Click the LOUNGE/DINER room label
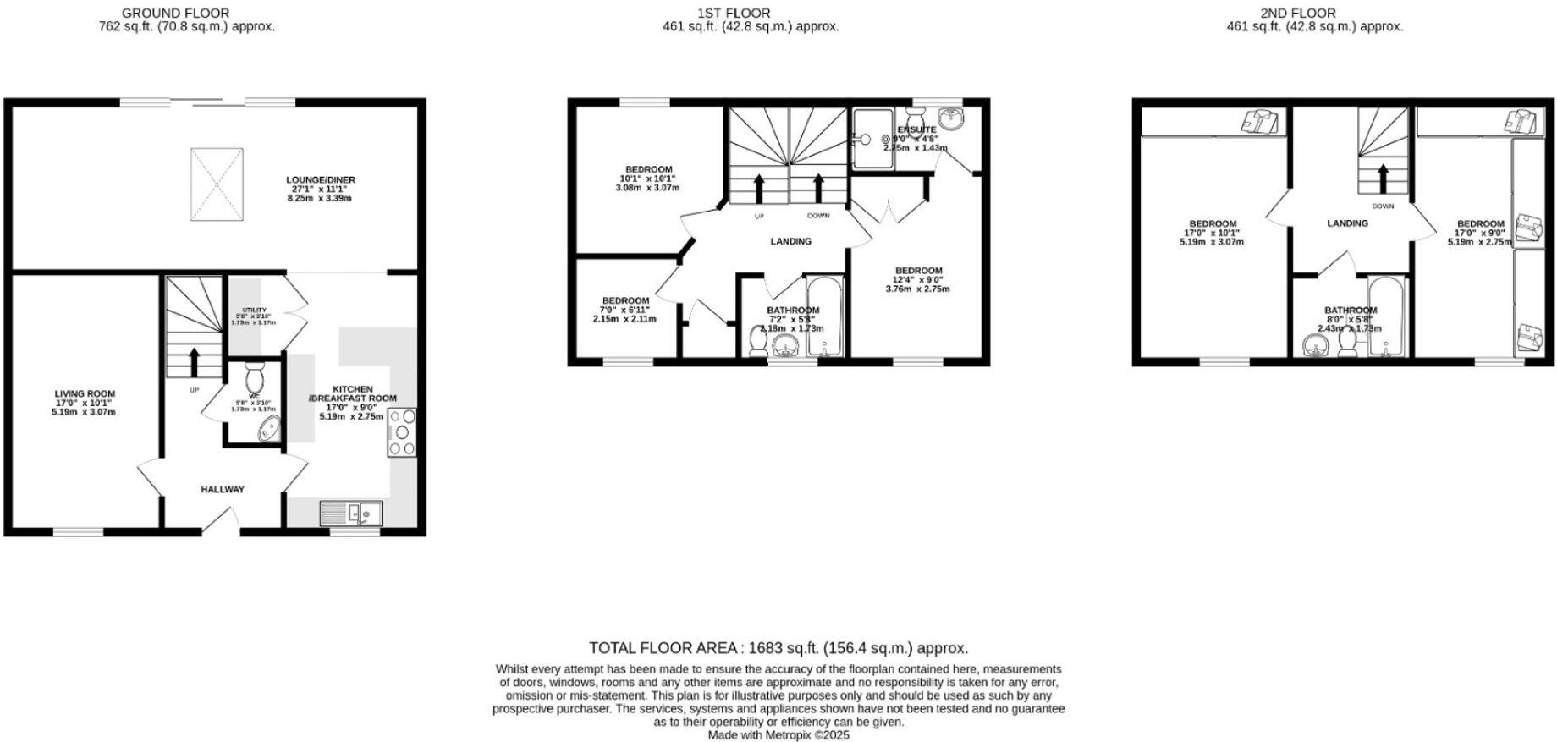tap(320, 180)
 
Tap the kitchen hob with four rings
tap(401, 432)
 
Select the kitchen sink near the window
tap(351, 513)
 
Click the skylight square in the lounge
tap(217, 183)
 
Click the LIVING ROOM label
tap(85, 394)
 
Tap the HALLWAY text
tap(223, 490)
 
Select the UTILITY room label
tap(254, 311)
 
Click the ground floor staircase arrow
tap(194, 362)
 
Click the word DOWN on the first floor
tap(818, 216)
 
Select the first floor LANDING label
tap(790, 242)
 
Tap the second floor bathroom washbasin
tap(1316, 344)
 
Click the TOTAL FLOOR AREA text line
tap(778, 648)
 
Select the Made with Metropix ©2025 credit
tap(778, 735)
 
